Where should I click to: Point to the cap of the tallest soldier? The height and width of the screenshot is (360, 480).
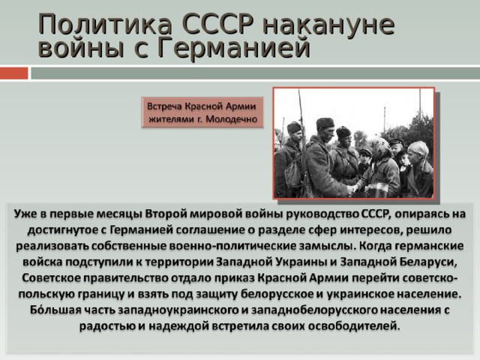coord(325,124)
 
